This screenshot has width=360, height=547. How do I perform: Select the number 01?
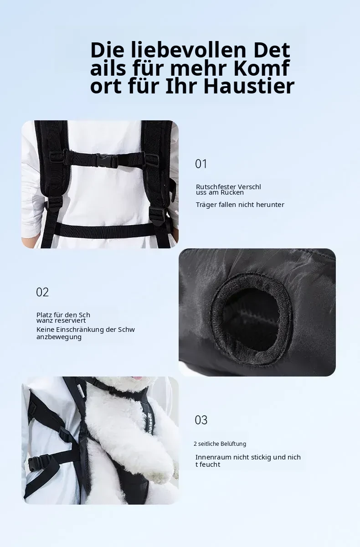pos(201,164)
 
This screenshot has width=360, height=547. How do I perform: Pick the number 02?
pos(42,292)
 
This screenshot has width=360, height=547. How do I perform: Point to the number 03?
pos(201,420)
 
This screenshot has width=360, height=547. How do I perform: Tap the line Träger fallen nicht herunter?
pos(240,205)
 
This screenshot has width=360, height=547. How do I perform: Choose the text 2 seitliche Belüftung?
pos(220,444)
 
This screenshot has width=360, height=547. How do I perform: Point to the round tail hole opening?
pos(251,313)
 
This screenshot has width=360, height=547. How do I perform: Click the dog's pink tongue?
pos(138,378)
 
